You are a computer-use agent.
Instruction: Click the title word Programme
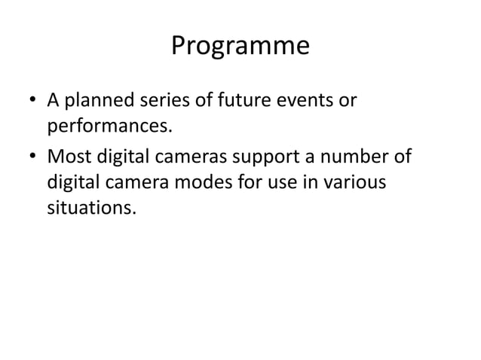click(x=240, y=46)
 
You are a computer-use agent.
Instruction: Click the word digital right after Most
click(x=121, y=160)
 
